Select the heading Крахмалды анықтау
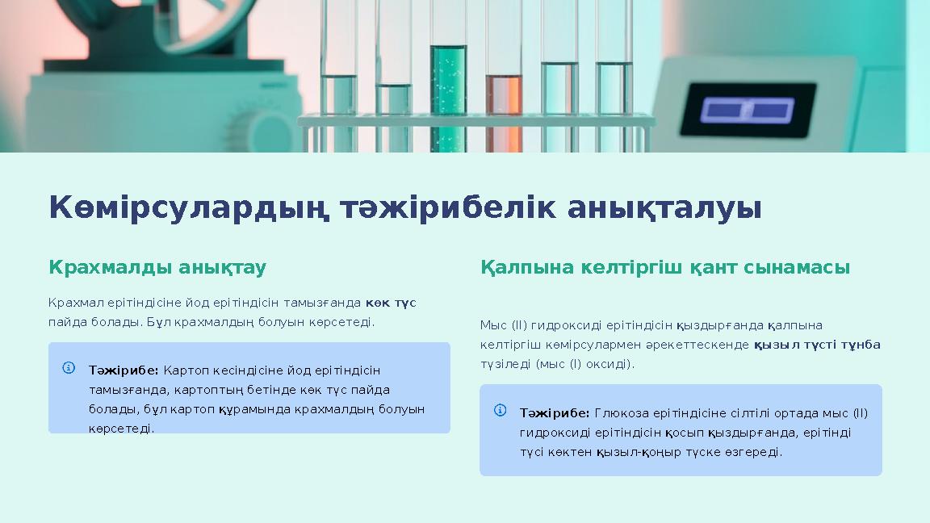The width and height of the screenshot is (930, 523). click(x=157, y=267)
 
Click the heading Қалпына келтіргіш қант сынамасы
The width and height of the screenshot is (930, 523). click(x=665, y=267)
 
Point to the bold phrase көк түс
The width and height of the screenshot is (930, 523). click(x=391, y=303)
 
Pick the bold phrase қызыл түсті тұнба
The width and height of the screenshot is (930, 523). click(x=817, y=345)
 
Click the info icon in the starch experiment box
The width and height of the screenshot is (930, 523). click(x=69, y=368)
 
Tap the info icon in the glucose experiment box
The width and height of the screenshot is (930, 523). click(x=501, y=411)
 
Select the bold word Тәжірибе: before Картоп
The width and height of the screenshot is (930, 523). click(x=124, y=370)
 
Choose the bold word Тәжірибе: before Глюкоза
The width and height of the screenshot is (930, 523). click(x=555, y=413)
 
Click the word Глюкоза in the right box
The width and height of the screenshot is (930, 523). click(x=618, y=413)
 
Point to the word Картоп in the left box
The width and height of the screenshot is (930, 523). click(x=183, y=370)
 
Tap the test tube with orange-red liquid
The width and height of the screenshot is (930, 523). click(x=503, y=105)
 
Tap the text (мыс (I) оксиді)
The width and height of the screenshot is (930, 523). click(x=585, y=364)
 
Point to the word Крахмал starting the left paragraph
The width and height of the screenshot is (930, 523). click(x=70, y=303)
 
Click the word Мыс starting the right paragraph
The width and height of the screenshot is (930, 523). click(x=492, y=325)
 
